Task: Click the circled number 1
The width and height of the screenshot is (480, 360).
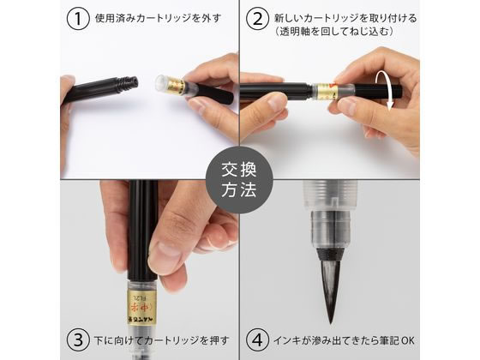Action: (x=78, y=18)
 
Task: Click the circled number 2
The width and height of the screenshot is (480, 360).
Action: (x=258, y=18)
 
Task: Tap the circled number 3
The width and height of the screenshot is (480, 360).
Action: (x=78, y=339)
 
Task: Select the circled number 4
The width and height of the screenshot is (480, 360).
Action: (x=258, y=339)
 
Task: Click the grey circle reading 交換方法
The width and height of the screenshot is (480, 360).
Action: (x=239, y=180)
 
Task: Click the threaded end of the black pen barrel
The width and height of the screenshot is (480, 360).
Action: (x=128, y=83)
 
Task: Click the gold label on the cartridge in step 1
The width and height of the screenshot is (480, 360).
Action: (x=176, y=87)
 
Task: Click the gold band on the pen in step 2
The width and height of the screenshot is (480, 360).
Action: (x=327, y=91)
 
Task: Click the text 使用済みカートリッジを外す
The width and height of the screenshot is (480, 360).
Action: (x=158, y=18)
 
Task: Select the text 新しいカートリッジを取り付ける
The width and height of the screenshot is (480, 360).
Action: (x=345, y=18)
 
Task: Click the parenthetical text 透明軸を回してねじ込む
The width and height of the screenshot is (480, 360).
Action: (x=333, y=32)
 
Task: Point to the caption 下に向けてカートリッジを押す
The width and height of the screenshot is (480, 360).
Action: (x=161, y=340)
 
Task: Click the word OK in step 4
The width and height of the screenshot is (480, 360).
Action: (x=407, y=340)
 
